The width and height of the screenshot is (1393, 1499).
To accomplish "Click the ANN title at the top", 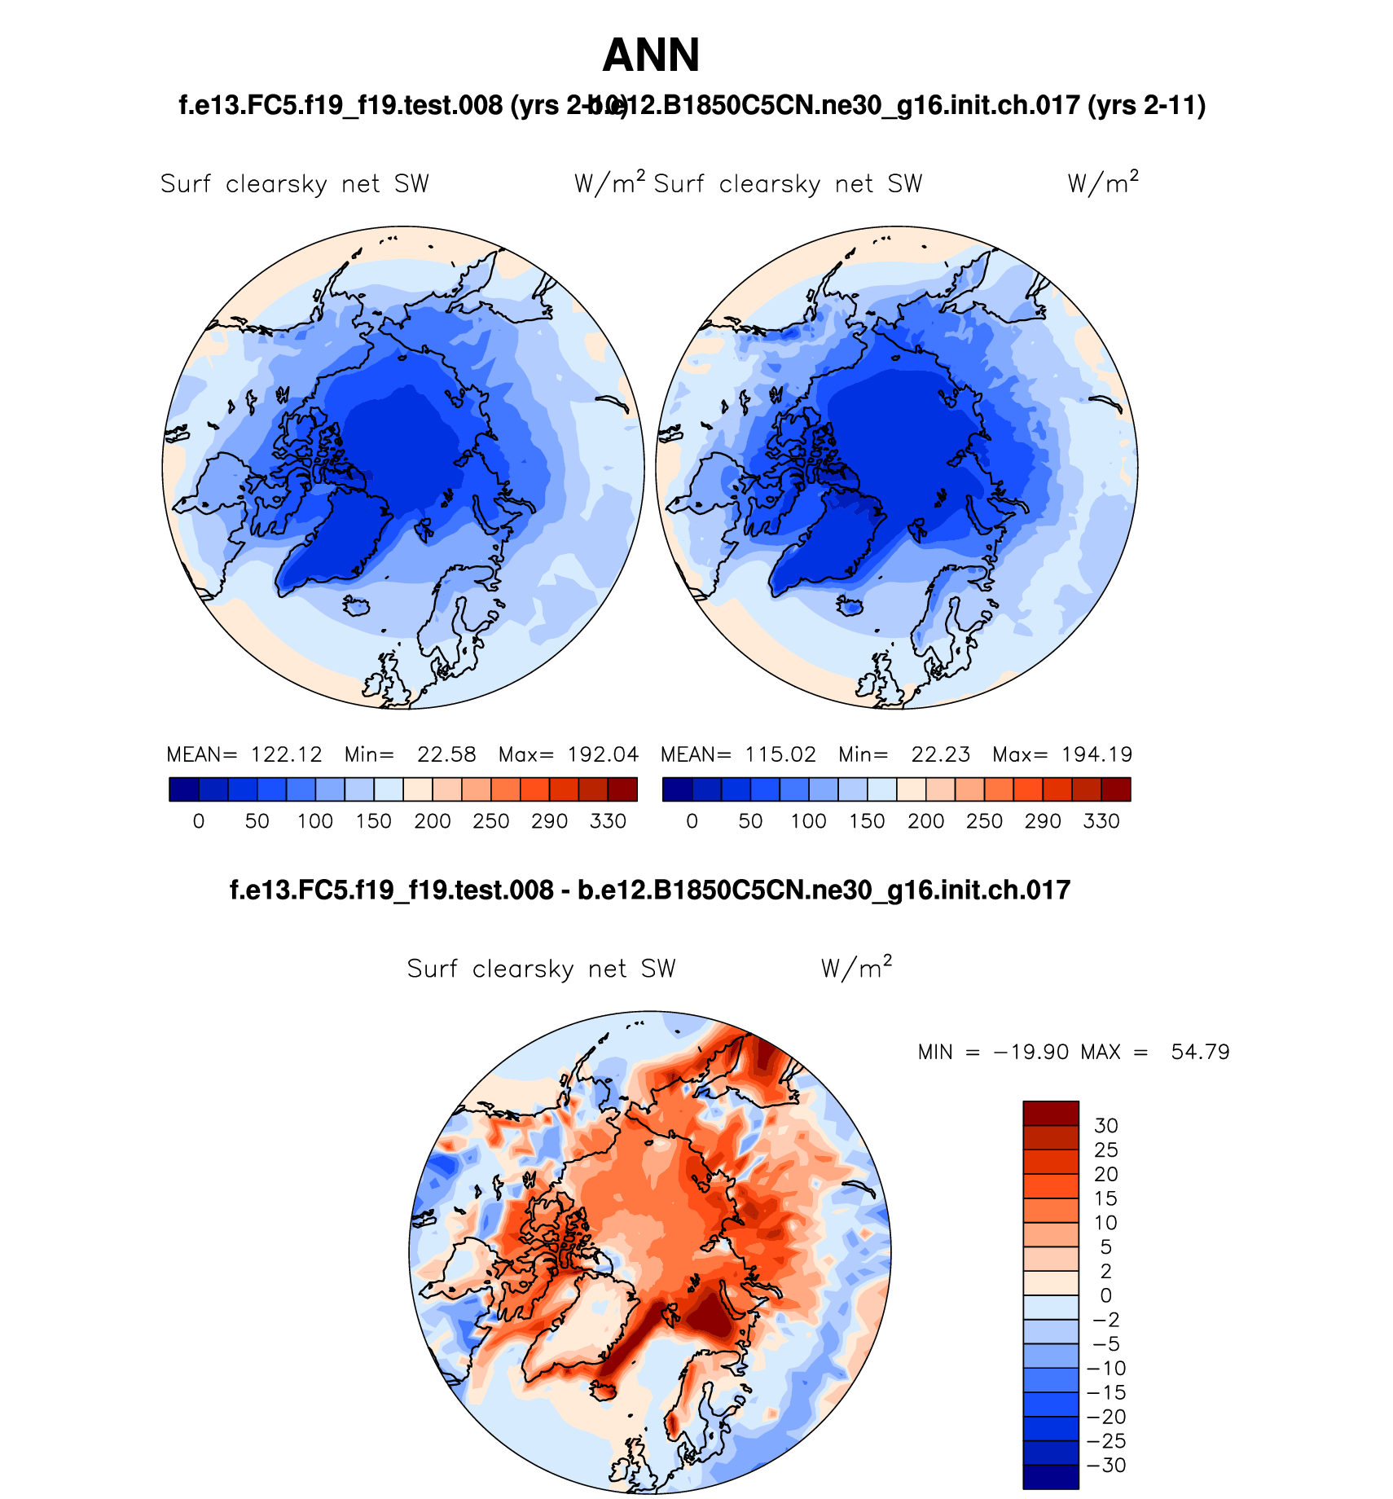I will click(651, 55).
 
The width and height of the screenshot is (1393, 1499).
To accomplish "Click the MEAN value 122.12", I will click(286, 754).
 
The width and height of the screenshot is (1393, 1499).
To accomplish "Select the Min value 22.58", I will click(446, 754).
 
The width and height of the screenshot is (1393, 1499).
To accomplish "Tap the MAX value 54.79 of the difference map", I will click(1200, 1052).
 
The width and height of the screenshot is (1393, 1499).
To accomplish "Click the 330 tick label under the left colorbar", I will click(608, 821).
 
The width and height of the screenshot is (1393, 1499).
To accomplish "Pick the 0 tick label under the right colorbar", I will click(692, 821).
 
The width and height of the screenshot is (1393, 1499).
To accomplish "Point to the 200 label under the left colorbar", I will click(432, 821).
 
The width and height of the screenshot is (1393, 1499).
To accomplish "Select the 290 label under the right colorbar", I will click(1043, 821).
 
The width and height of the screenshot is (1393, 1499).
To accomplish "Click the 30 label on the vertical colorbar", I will click(1105, 1126).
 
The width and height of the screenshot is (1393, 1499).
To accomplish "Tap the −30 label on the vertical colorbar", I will click(1105, 1466).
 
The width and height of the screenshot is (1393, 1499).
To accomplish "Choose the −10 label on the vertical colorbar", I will click(1105, 1369).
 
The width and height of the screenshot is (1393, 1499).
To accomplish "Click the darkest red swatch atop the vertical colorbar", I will click(1051, 1113).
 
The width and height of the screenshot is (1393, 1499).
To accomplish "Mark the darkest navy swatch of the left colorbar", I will click(184, 789).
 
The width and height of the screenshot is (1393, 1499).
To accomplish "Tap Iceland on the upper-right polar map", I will click(851, 605).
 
